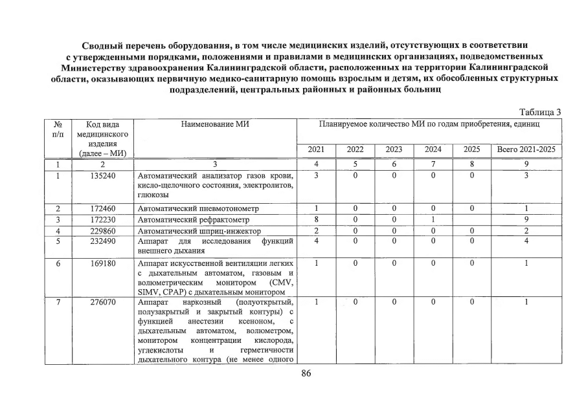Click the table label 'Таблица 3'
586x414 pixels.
point(540,112)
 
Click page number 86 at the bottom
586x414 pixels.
point(307,373)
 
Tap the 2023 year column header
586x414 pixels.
point(394,150)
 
